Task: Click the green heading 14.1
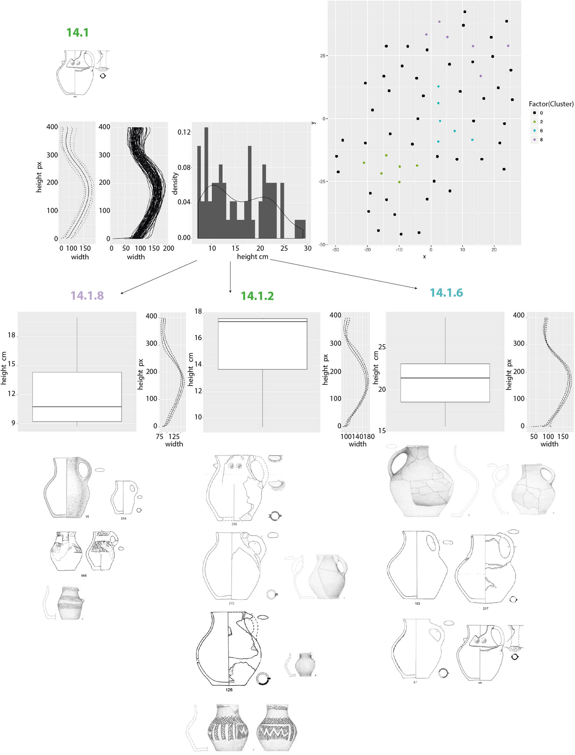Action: (77, 33)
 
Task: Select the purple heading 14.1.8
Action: (87, 296)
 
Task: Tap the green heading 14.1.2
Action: (257, 296)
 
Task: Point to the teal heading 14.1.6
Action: (446, 293)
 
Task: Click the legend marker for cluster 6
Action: (534, 131)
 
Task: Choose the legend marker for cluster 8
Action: (534, 139)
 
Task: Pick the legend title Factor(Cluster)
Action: (551, 104)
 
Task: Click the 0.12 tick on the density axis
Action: (184, 132)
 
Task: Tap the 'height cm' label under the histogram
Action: (252, 256)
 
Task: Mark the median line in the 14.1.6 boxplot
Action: (445, 378)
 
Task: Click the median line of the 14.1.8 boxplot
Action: (77, 407)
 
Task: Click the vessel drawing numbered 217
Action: (485, 569)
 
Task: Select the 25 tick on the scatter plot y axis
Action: (322, 56)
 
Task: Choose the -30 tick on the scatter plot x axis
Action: (335, 249)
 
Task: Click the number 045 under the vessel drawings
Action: (84, 575)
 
